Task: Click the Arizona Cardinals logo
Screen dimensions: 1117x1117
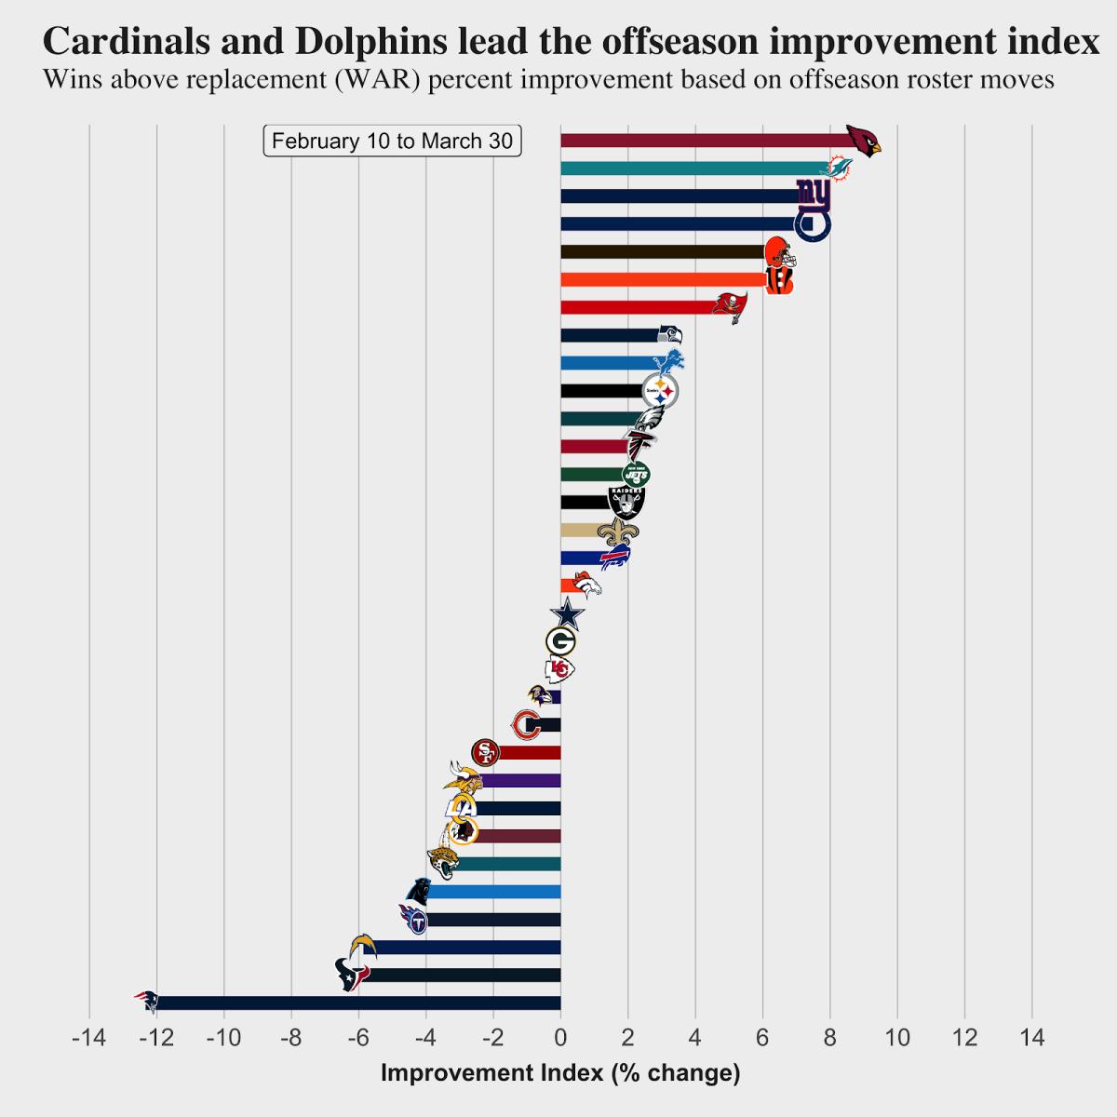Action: coord(863,141)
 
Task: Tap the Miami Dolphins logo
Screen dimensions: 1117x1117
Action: coord(840,168)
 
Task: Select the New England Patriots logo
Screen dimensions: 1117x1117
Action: coord(147,1002)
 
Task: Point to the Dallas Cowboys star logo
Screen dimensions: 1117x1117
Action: coord(567,614)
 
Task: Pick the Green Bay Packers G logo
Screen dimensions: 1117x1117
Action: coord(561,641)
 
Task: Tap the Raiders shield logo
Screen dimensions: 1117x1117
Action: coord(626,503)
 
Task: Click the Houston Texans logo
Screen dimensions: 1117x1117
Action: coord(351,975)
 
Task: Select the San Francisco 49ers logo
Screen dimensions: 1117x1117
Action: coord(485,752)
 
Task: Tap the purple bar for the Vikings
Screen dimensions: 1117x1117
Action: coord(521,780)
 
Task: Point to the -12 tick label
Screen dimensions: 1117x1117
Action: coord(156,1038)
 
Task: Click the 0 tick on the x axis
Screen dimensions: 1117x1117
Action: coord(560,1038)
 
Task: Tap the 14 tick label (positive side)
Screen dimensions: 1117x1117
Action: coord(1032,1038)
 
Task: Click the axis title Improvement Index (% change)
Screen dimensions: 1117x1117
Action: coord(560,1073)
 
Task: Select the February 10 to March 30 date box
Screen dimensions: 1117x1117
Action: coord(392,141)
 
